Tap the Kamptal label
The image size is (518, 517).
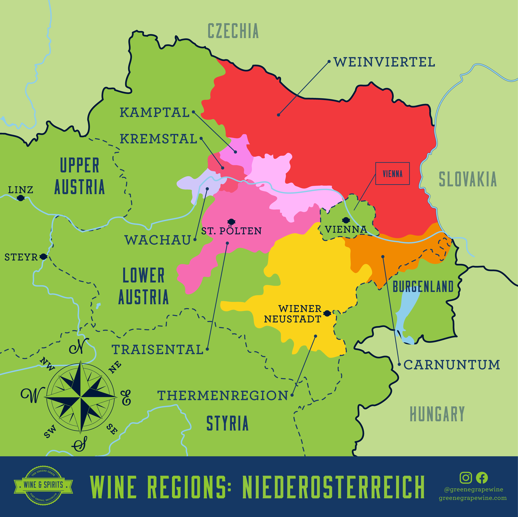coord(155,112)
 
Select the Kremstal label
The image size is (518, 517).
coord(158,139)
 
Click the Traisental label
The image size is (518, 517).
coord(158,350)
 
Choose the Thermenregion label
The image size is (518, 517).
coord(223,395)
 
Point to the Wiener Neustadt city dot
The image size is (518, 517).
coord(327,313)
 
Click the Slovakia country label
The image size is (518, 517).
coord(468,179)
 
